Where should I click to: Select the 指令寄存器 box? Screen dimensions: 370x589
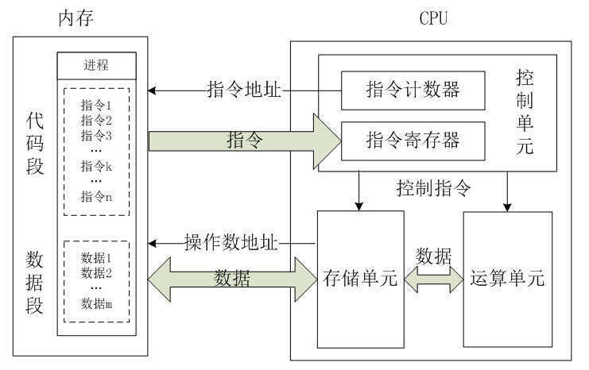(412, 141)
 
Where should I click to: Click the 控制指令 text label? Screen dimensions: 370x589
(435, 189)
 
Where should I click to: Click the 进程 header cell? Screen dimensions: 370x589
(96, 64)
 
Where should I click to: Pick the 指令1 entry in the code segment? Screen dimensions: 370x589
(96, 105)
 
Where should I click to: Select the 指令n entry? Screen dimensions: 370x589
(96, 197)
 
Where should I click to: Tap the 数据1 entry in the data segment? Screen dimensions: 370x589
(96, 257)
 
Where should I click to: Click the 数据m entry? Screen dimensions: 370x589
(96, 303)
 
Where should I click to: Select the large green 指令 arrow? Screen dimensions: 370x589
(246, 141)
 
